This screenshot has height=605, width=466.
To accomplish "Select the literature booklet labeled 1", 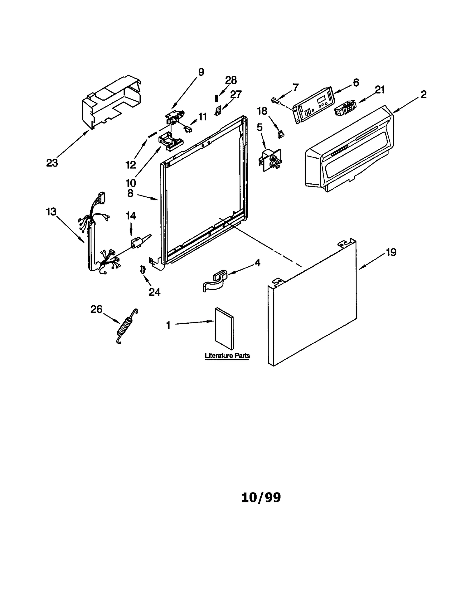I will pyautogui.click(x=224, y=328).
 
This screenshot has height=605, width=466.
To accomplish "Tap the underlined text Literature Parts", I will pyautogui.click(x=227, y=356).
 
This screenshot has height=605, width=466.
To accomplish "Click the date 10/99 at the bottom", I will pyautogui.click(x=261, y=498).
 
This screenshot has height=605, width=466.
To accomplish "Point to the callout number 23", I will pyautogui.click(x=52, y=163).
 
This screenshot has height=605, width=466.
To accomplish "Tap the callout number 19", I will pyautogui.click(x=391, y=252).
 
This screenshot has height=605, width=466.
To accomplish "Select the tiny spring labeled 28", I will pyautogui.click(x=216, y=99).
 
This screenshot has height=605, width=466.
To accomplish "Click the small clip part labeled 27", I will pyautogui.click(x=217, y=111).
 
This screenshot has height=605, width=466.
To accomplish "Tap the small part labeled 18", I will pyautogui.click(x=281, y=134).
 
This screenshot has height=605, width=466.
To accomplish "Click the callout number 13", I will pyautogui.click(x=51, y=212).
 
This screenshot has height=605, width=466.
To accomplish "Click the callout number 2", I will pyautogui.click(x=423, y=94).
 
